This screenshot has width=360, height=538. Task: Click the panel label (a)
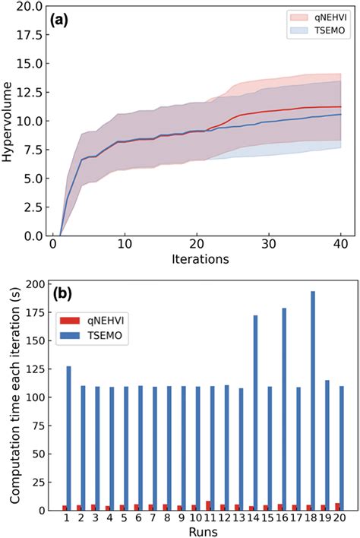pos(62,21)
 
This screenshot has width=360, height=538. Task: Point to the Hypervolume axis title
pos(10,122)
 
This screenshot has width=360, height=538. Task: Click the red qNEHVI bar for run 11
pos(209,506)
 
